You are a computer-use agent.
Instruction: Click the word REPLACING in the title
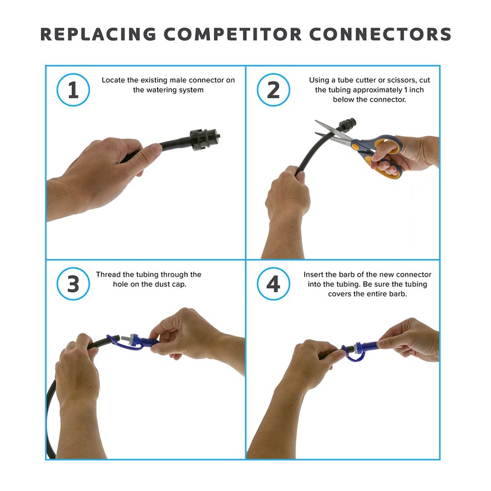click(x=98, y=34)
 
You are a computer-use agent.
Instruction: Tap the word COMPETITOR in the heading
click(x=233, y=34)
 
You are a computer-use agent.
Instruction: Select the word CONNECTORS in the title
click(x=381, y=34)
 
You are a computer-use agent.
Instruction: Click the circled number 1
click(x=73, y=90)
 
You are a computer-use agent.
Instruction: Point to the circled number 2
click(x=273, y=90)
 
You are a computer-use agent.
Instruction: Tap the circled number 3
click(x=73, y=284)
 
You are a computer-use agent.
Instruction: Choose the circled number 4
click(x=273, y=284)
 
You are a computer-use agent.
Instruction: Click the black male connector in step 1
click(x=204, y=139)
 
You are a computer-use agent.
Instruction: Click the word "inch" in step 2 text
click(x=417, y=90)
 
